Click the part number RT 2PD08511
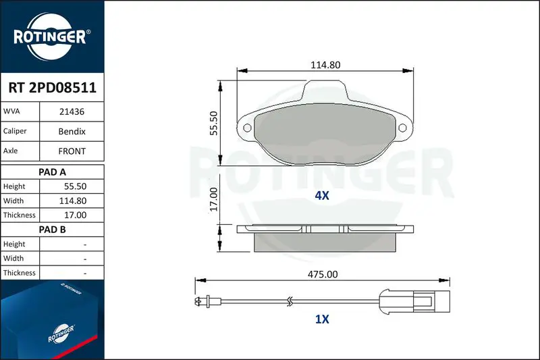click(x=53, y=88)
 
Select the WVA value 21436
click(x=72, y=111)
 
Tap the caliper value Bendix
click(x=72, y=131)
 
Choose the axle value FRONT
click(x=72, y=151)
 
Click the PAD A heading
click(x=52, y=172)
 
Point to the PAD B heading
click(x=52, y=230)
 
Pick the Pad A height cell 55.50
click(x=75, y=186)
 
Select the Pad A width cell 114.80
click(x=73, y=201)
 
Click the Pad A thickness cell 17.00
click(x=75, y=215)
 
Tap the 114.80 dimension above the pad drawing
click(x=325, y=65)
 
